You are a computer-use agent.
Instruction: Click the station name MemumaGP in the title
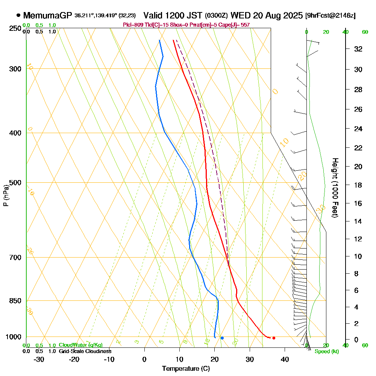click(48, 15)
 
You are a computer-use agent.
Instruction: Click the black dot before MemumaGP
click(18, 15)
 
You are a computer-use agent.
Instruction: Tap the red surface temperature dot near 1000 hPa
click(274, 338)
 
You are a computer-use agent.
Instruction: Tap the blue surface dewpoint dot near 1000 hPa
click(222, 338)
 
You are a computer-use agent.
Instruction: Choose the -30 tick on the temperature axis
click(39, 359)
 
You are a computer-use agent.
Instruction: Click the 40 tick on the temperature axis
click(285, 359)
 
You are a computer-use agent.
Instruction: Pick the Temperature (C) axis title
click(186, 369)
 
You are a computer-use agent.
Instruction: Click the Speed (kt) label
click(326, 352)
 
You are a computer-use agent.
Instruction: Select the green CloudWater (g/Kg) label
click(80, 345)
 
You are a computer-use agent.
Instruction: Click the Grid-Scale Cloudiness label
click(85, 351)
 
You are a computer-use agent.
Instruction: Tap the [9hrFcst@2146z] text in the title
click(331, 16)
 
